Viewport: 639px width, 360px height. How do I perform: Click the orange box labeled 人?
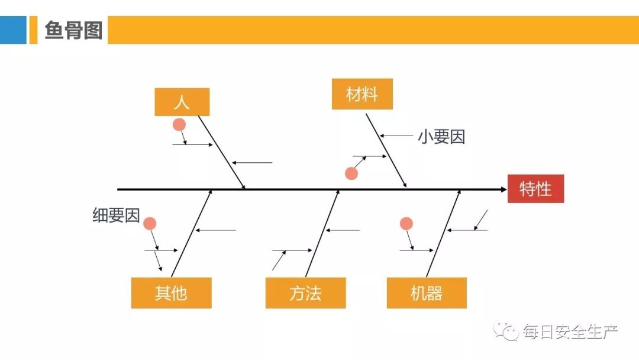click(x=182, y=102)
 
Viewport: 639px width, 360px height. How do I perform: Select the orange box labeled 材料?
click(x=362, y=94)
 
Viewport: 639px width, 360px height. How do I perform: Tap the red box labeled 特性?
click(x=535, y=189)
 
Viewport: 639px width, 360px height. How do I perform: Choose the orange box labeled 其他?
click(x=171, y=293)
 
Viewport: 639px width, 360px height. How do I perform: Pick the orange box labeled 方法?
click(x=305, y=293)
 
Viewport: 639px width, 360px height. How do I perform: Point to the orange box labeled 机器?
click(x=427, y=293)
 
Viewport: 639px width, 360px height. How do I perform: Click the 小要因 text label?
click(x=441, y=137)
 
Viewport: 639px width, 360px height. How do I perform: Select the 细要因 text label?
click(x=116, y=216)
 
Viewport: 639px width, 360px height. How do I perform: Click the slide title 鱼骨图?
click(x=73, y=30)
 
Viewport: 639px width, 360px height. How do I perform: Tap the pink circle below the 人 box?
click(x=179, y=125)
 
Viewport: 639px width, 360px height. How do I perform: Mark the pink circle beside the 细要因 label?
click(x=150, y=223)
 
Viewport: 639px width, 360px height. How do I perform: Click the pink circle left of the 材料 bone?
click(x=351, y=173)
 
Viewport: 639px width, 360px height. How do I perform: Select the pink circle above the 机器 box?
click(x=406, y=223)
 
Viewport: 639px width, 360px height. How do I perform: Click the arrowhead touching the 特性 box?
click(x=503, y=189)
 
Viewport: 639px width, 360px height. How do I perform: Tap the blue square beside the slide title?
click(x=13, y=30)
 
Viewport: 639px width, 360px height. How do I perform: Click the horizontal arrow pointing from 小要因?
click(x=397, y=136)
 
